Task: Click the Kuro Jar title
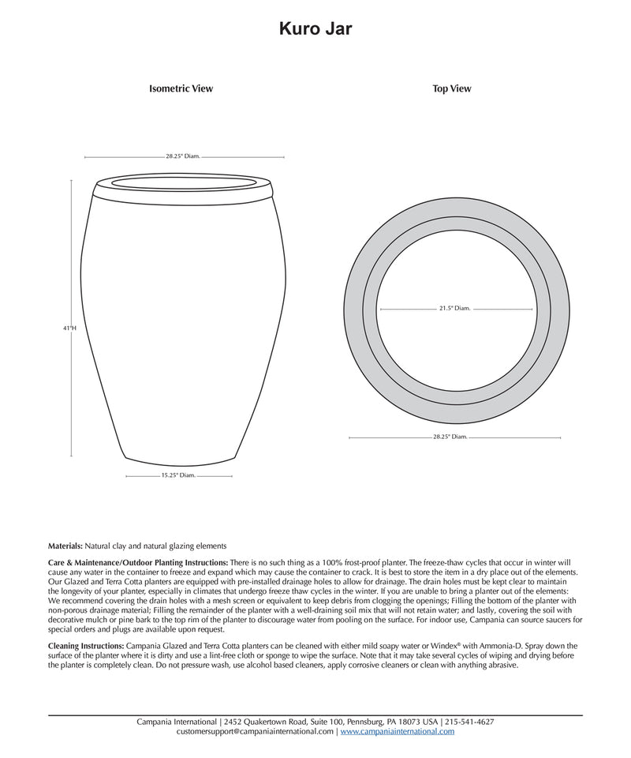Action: [315, 29]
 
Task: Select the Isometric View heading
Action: [181, 89]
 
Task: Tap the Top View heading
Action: [452, 89]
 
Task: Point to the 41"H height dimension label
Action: [70, 327]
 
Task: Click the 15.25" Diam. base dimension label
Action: [178, 476]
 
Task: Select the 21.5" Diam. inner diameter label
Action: [454, 309]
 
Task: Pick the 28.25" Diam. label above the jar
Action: [183, 156]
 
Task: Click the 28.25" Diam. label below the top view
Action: [450, 436]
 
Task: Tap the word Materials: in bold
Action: [65, 546]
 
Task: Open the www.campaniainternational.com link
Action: [398, 732]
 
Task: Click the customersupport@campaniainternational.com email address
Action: [256, 732]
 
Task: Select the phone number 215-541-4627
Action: [470, 722]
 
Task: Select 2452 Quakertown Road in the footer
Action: [265, 722]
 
